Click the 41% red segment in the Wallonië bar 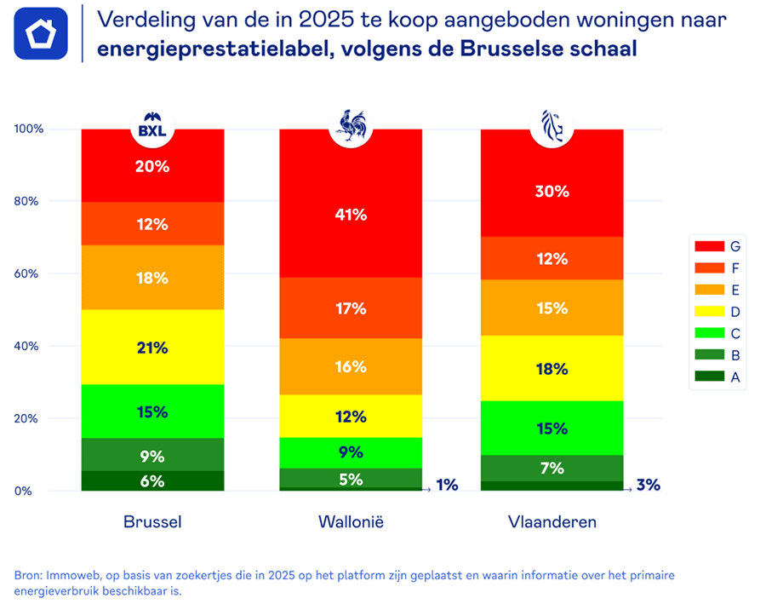(351, 215)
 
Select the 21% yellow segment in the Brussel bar (152, 347)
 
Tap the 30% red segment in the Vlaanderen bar (552, 192)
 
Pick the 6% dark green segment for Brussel (152, 480)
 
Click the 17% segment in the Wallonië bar (351, 308)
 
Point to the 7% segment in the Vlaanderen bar (552, 468)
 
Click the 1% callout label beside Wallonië (447, 485)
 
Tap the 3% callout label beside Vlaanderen (648, 485)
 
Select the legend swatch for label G (708, 246)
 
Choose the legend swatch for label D (708, 311)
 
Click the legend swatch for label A (708, 376)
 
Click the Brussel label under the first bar (152, 521)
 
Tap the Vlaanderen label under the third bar (552, 521)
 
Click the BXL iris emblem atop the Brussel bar (152, 128)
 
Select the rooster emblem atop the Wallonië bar (351, 126)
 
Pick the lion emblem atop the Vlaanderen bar (552, 126)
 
